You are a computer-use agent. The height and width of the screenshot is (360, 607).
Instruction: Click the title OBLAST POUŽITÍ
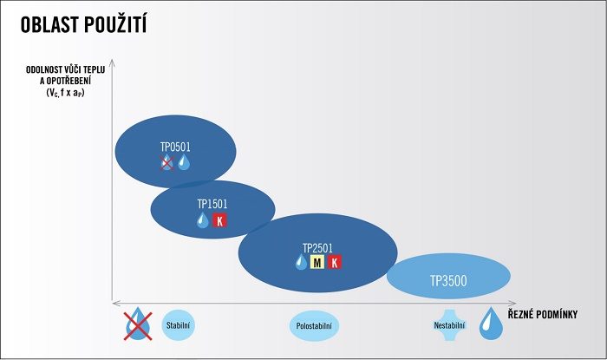tap(83, 25)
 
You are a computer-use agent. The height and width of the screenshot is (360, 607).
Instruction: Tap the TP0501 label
tap(175, 147)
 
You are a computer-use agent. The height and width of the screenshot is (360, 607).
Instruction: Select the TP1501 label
tap(212, 204)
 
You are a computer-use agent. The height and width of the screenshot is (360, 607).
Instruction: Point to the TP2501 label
tap(317, 248)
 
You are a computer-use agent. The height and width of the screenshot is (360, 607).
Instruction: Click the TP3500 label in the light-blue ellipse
tap(448, 281)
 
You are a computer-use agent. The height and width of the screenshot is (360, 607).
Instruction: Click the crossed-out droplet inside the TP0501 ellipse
tap(166, 162)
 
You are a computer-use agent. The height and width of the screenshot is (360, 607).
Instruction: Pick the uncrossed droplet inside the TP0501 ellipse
tap(184, 162)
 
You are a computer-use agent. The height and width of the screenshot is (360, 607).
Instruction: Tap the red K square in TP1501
tap(219, 220)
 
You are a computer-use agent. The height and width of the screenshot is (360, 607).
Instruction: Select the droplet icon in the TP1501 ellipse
tap(202, 219)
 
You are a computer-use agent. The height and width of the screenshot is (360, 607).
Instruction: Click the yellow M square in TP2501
tap(317, 263)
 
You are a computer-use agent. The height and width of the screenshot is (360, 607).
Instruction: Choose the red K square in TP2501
tap(335, 263)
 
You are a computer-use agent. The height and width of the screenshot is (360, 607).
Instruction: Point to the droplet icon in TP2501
tap(301, 262)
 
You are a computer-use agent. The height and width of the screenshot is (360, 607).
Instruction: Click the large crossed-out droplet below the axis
tap(138, 324)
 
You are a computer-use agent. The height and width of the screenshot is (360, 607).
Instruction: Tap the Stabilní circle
tap(178, 325)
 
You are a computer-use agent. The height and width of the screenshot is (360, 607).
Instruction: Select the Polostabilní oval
tap(314, 326)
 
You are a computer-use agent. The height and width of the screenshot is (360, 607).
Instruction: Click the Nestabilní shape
tap(449, 325)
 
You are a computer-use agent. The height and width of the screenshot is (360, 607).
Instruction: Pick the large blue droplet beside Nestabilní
tap(491, 324)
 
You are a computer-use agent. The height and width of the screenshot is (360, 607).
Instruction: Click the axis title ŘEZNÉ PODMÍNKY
tap(542, 314)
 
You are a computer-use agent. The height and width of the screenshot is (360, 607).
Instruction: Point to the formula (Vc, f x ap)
tap(65, 93)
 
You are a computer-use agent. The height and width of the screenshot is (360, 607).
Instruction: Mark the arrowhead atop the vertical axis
tap(112, 62)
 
